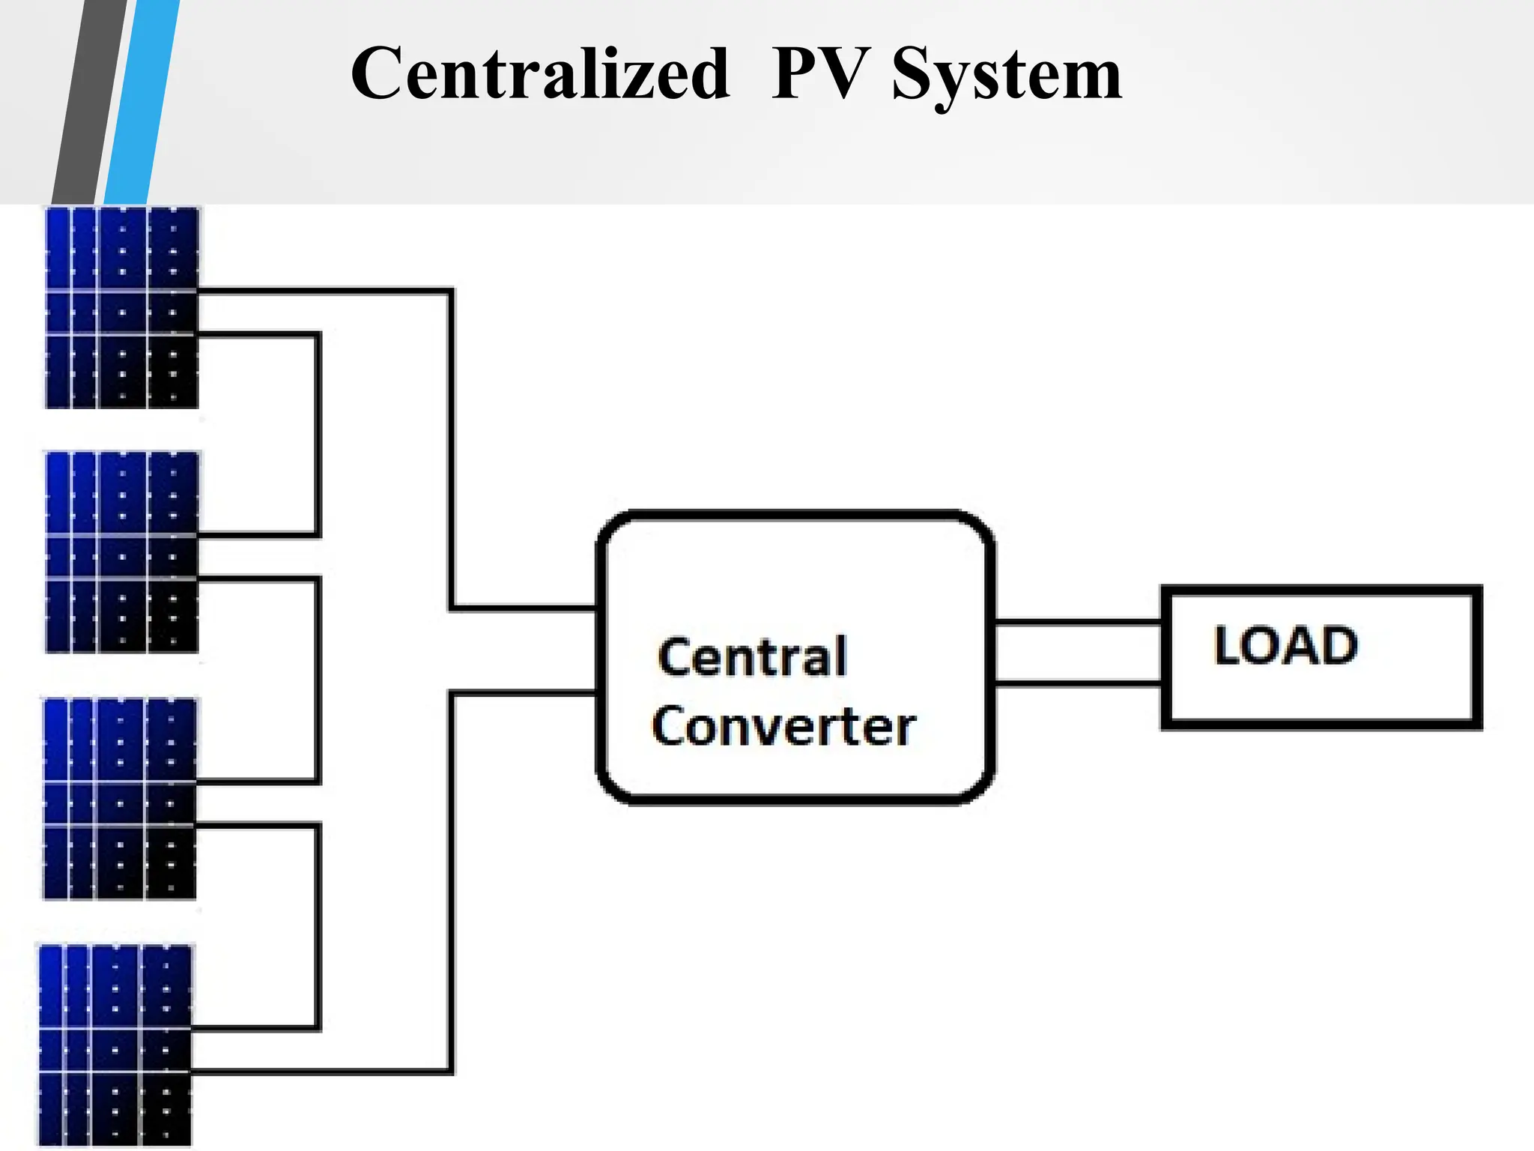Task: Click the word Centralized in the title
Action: pyautogui.click(x=539, y=73)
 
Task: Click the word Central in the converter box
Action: pyautogui.click(x=752, y=657)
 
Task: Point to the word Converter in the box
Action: pyautogui.click(x=783, y=726)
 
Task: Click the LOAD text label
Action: pyautogui.click(x=1285, y=645)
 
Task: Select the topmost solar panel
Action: pyautogui.click(x=122, y=307)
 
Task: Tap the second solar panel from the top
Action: pyautogui.click(x=122, y=552)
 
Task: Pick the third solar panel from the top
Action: pyautogui.click(x=120, y=798)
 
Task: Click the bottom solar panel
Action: pyautogui.click(x=115, y=1045)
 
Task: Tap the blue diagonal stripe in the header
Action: pyautogui.click(x=142, y=101)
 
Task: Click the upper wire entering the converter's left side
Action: pyautogui.click(x=524, y=608)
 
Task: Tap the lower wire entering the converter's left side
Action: pyautogui.click(x=524, y=693)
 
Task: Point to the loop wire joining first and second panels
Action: pyautogui.click(x=318, y=435)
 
